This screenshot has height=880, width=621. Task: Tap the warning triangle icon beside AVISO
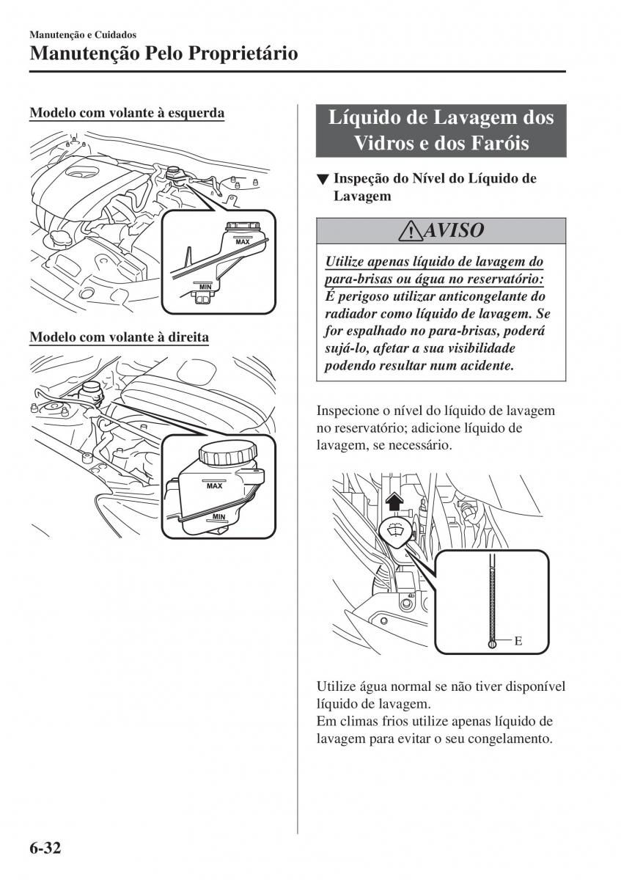click(411, 232)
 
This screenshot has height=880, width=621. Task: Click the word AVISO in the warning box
click(454, 230)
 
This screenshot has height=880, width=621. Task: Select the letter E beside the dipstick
click(518, 641)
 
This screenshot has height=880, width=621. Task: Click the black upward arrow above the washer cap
click(393, 502)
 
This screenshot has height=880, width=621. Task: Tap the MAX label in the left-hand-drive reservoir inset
click(243, 242)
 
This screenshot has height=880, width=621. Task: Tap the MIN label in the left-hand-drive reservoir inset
click(205, 287)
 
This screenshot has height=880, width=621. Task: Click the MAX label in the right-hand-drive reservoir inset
click(215, 486)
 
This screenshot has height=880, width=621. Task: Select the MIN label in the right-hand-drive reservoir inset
click(218, 516)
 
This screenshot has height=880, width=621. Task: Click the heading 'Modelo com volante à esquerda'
click(127, 113)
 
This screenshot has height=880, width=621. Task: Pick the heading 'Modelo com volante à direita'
click(119, 337)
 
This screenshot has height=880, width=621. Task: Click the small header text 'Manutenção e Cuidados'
click(83, 34)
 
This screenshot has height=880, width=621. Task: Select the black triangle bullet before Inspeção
click(323, 180)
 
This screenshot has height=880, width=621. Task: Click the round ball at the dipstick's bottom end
click(492, 645)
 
